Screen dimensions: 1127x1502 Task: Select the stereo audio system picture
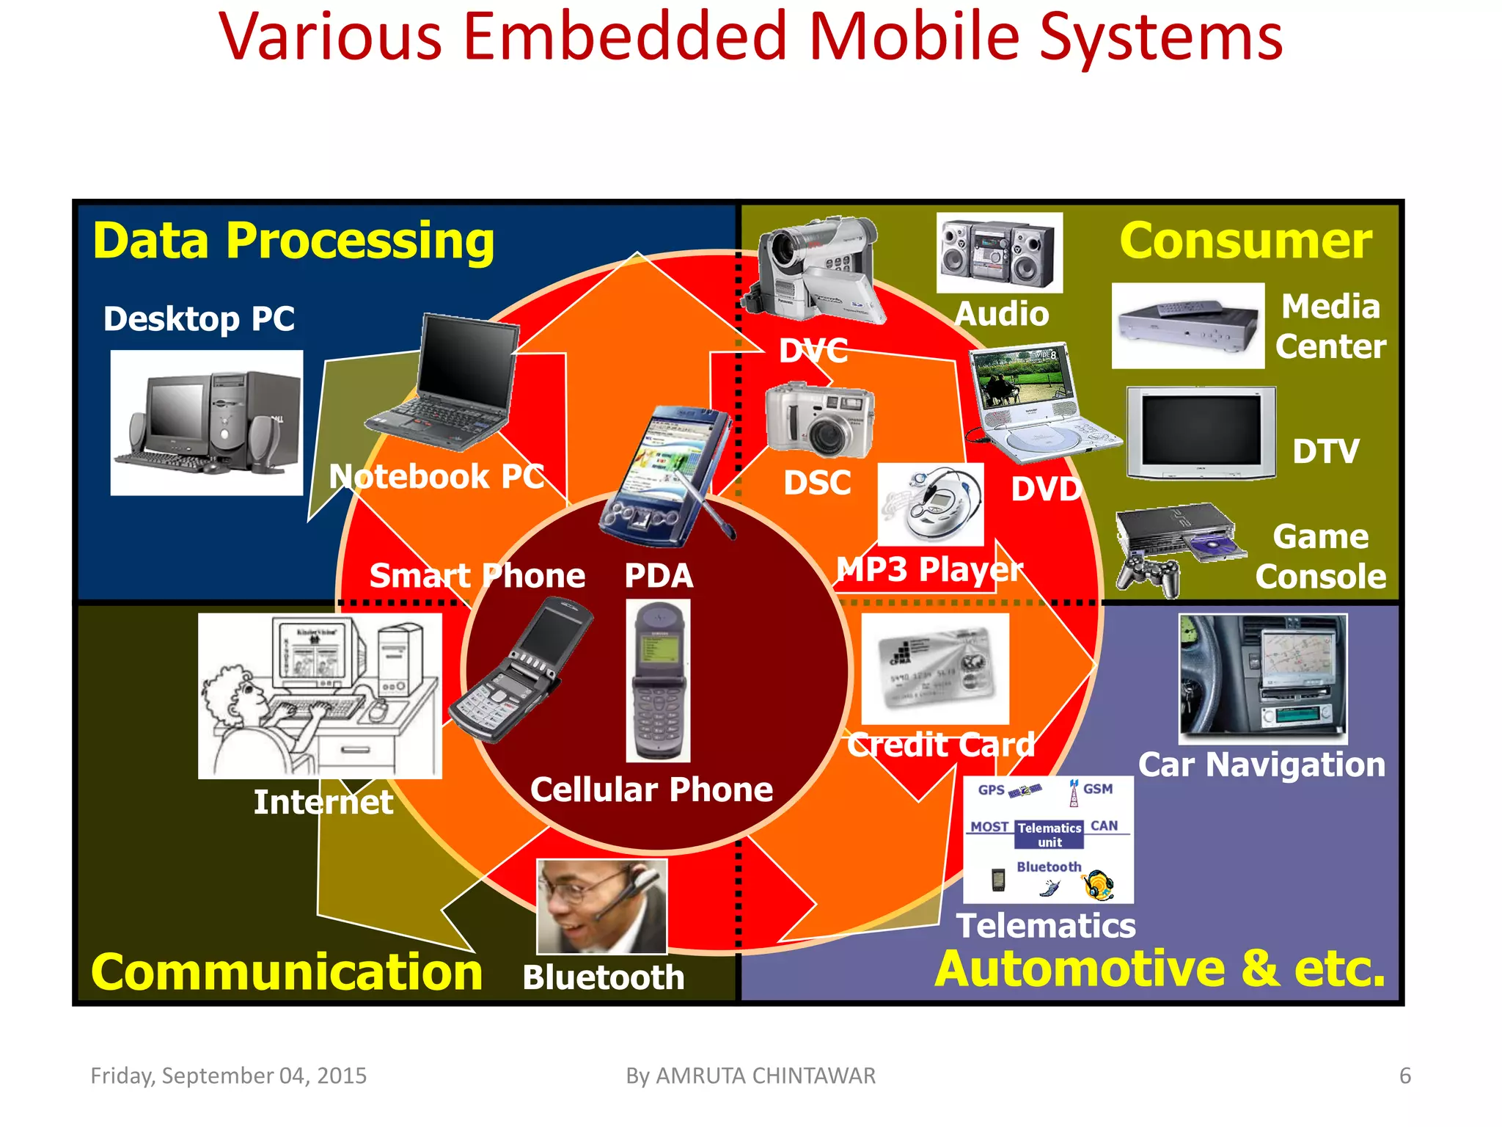999,252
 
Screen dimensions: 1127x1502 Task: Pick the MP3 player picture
930,505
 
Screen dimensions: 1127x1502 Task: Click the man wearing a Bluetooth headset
601,906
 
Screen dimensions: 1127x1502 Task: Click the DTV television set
1201,433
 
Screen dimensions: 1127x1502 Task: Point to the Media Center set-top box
1187,325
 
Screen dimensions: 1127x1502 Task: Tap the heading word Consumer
1245,241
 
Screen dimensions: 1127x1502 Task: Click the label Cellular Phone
651,790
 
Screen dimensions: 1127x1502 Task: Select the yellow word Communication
287,972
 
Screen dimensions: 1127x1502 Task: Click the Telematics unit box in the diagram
1049,834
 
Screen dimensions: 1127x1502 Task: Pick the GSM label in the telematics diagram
1097,789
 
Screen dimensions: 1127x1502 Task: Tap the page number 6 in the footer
1404,1076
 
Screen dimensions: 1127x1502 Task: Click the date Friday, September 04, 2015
228,1076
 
